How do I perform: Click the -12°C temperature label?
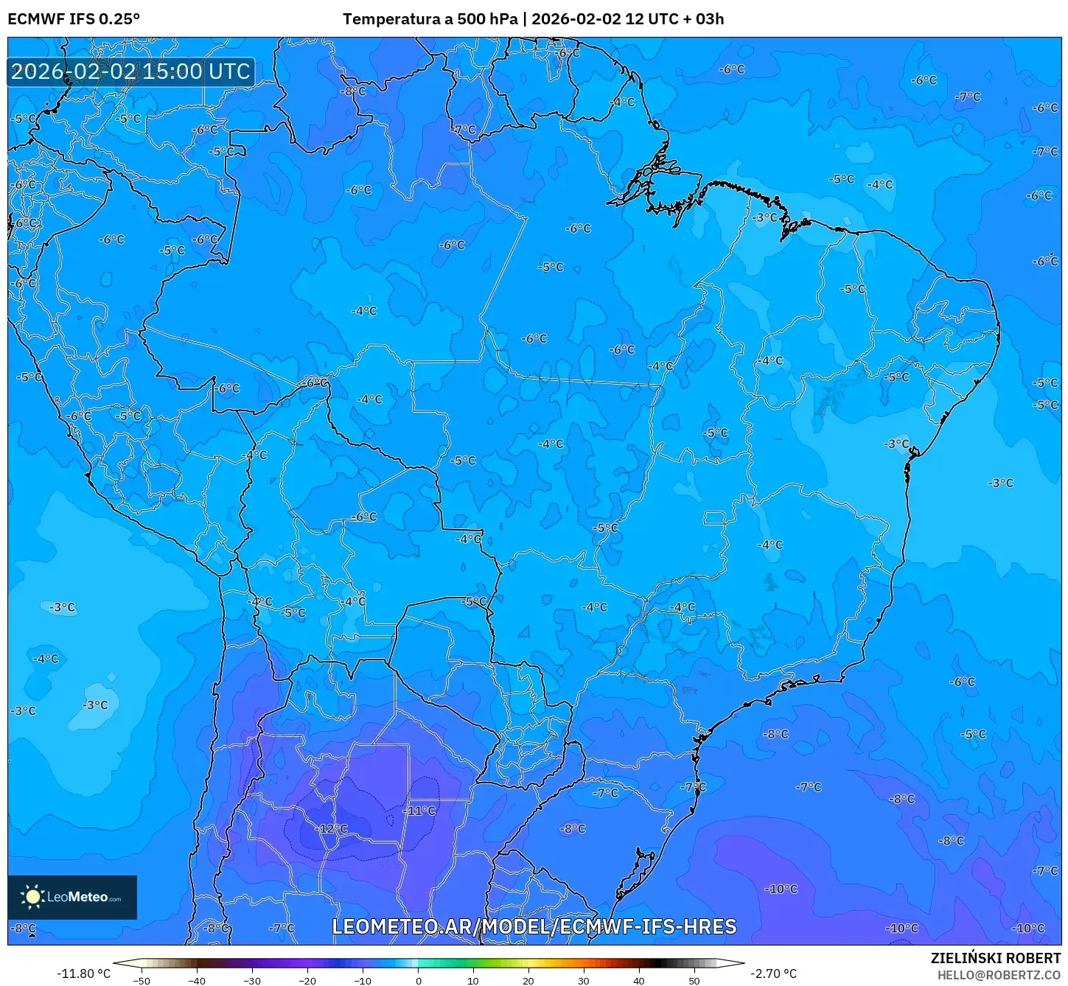[x=332, y=829]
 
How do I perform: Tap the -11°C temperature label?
[x=419, y=811]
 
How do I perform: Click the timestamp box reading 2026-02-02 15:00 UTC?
[x=131, y=71]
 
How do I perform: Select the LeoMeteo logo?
[x=72, y=897]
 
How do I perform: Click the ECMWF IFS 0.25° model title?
[x=74, y=19]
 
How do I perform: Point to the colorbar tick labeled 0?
[x=418, y=980]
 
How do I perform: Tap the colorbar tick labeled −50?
[x=142, y=980]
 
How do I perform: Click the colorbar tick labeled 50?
[x=694, y=980]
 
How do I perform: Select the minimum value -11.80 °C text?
[x=83, y=973]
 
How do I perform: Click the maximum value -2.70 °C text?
[x=773, y=973]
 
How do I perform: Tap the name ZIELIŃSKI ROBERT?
[x=995, y=958]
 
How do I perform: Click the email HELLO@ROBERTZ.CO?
[x=999, y=975]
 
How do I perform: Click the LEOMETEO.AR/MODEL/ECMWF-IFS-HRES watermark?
[x=534, y=926]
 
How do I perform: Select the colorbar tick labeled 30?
[x=584, y=980]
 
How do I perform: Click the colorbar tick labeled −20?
[x=307, y=980]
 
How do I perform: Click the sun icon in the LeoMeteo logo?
[x=33, y=897]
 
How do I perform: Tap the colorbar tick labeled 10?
[x=473, y=980]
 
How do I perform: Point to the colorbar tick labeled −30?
[x=252, y=980]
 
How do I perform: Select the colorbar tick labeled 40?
[x=639, y=980]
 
